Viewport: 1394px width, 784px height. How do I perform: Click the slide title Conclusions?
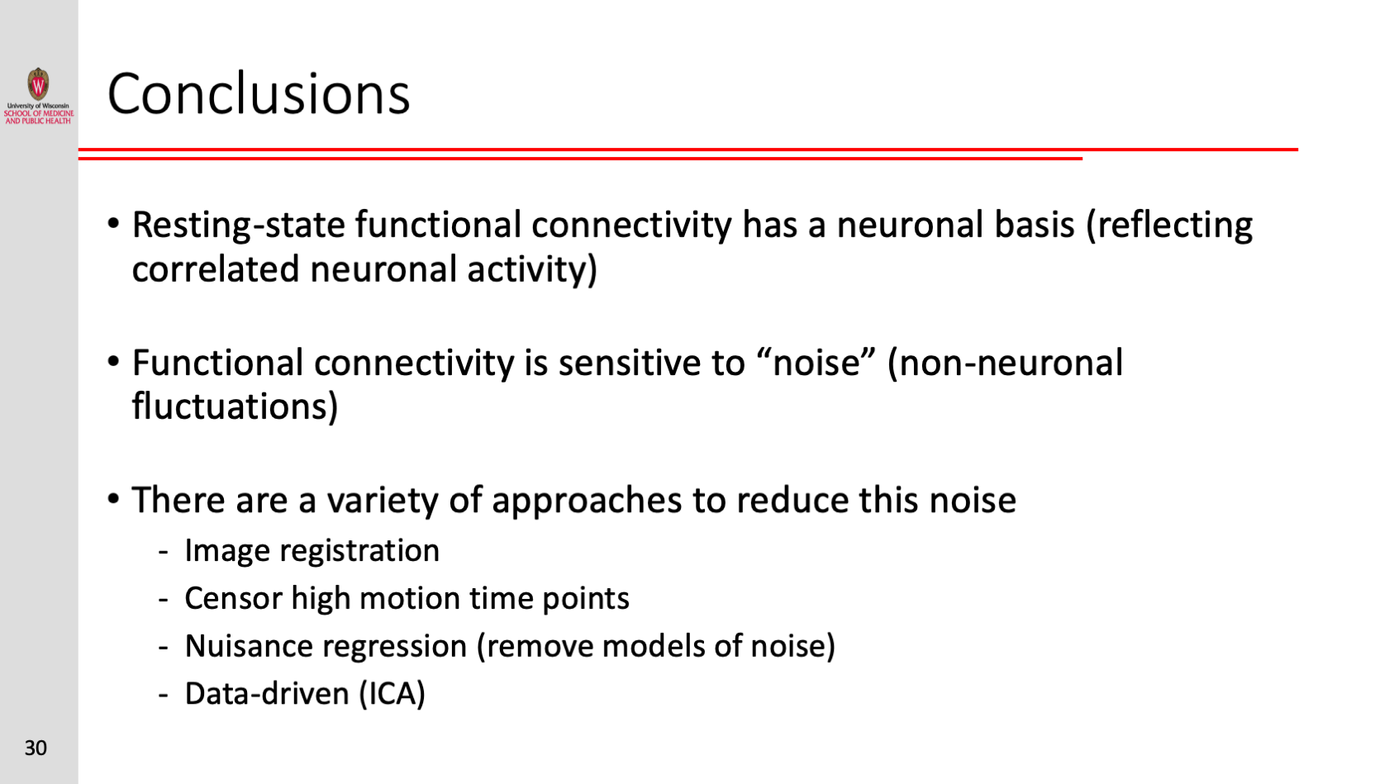259,93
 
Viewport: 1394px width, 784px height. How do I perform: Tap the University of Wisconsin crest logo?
39,84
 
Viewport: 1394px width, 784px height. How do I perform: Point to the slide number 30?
36,748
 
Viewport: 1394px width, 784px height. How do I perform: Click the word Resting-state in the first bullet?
238,226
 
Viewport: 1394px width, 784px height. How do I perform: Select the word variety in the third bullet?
383,501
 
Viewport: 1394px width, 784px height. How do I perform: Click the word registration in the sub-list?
359,551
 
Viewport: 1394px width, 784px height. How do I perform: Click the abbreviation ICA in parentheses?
392,693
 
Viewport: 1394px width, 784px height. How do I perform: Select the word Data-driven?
267,693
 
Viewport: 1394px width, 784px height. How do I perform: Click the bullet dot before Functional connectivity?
113,362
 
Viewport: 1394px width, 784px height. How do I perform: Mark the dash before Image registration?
164,551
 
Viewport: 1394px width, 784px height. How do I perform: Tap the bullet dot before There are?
113,499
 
